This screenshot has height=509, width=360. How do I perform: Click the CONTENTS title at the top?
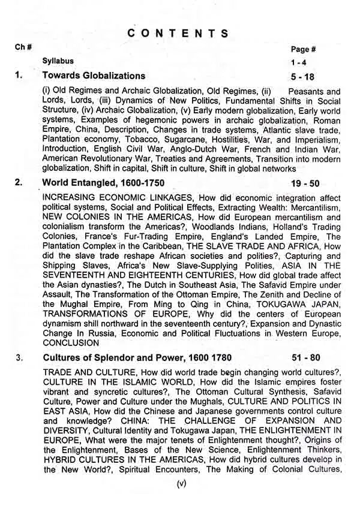(x=178, y=34)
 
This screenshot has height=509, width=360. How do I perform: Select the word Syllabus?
(x=58, y=61)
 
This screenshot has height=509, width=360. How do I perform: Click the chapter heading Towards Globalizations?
(x=94, y=76)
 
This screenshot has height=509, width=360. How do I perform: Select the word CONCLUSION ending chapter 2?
(x=71, y=344)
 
